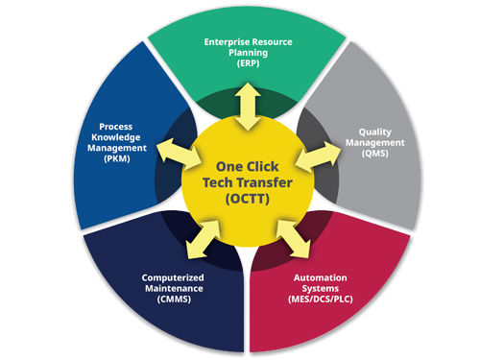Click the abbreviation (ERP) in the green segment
pos(249,63)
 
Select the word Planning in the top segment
pos(249,53)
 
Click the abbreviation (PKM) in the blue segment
pos(117,158)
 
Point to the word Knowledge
pos(116,137)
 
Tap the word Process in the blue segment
pos(116,127)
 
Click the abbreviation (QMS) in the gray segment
pos(375,154)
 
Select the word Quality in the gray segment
pos(375,132)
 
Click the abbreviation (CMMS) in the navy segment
pos(174,300)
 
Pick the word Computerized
pos(173,277)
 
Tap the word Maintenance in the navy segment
pos(174,289)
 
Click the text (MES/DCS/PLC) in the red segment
pos(321,300)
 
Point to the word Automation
pos(321,277)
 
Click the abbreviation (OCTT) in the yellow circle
pos(248,199)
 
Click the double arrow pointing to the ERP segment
pos(248,107)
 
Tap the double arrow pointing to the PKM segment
pos(179,155)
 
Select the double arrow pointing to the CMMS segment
pos(203,239)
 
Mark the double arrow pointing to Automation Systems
pos(293,239)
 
